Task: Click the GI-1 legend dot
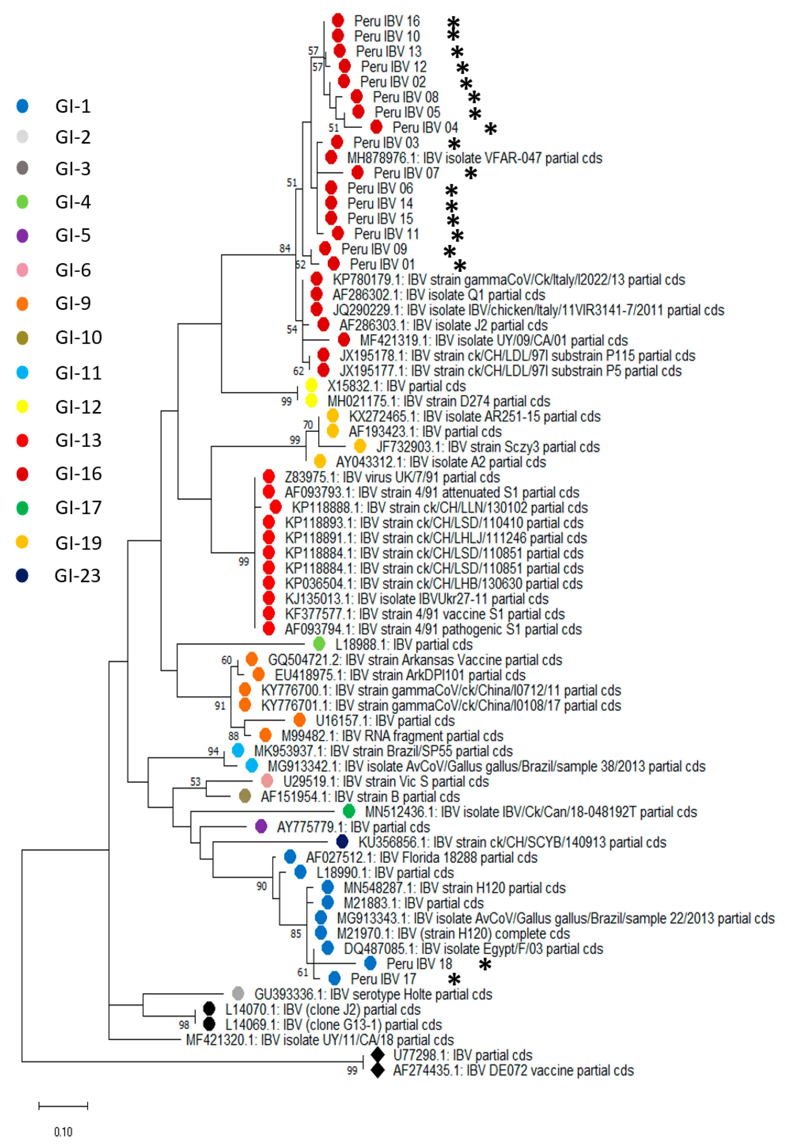(22, 106)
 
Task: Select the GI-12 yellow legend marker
(22, 407)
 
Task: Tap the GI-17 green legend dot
(22, 508)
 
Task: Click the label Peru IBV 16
(386, 21)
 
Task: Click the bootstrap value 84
(285, 248)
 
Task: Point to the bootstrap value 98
(184, 1025)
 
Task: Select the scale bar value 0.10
(63, 1132)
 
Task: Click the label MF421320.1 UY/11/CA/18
(319, 1040)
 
